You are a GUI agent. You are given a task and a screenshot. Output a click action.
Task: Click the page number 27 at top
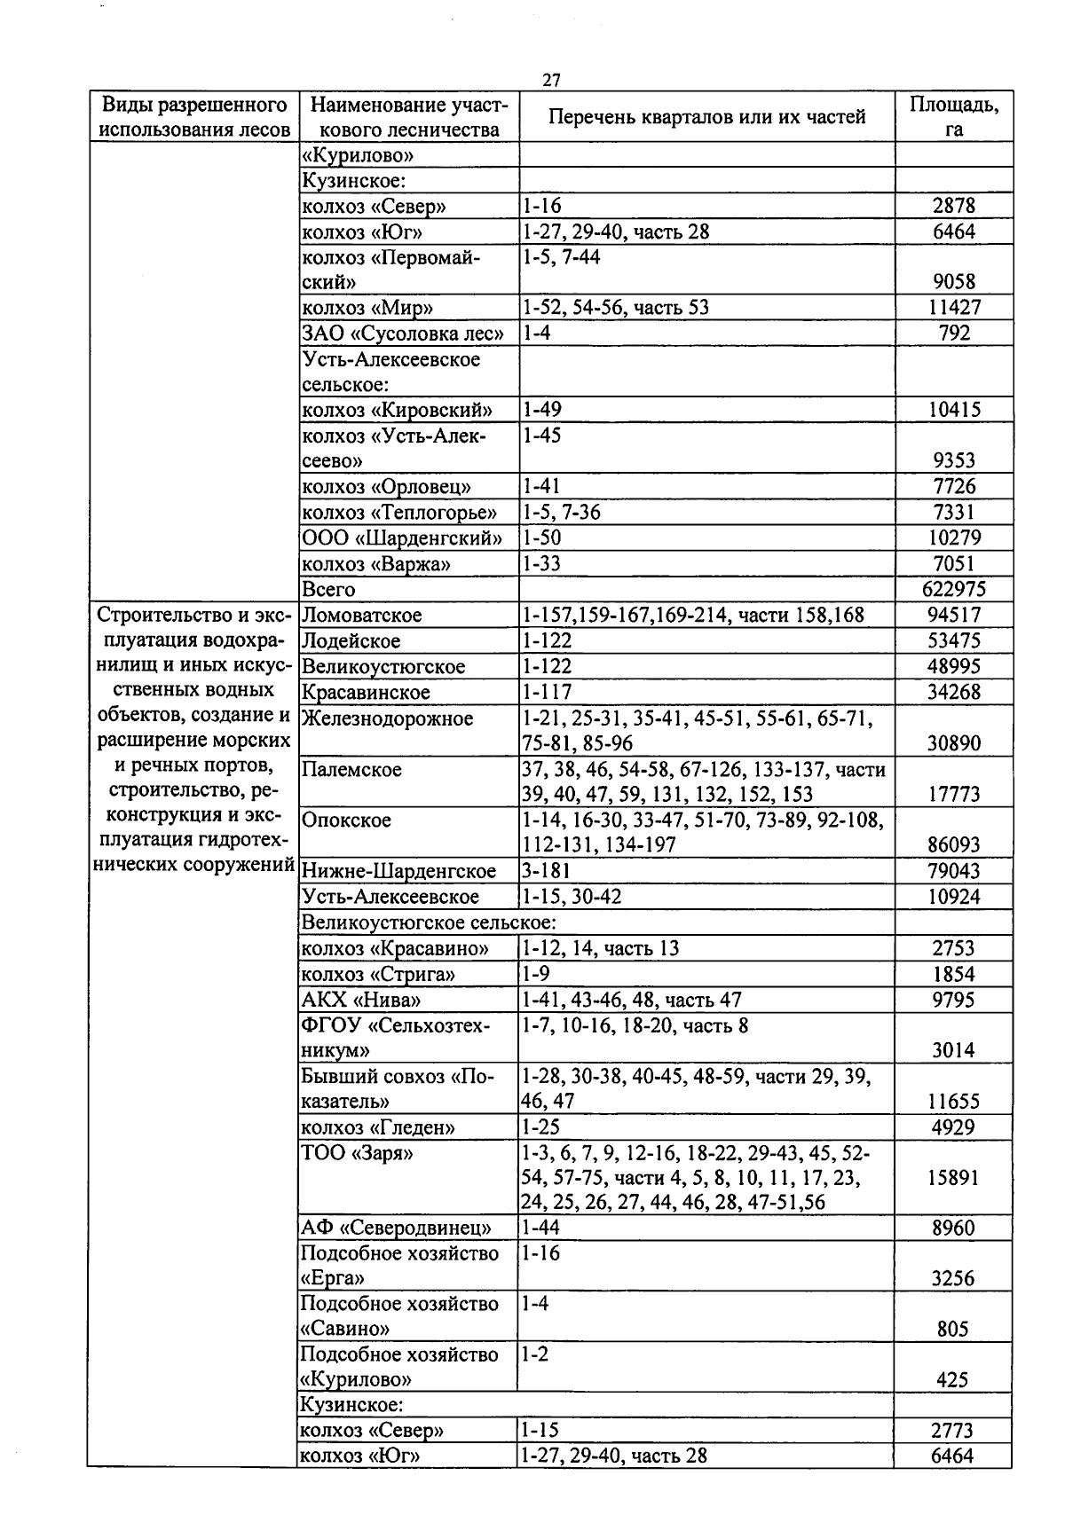pos(550,81)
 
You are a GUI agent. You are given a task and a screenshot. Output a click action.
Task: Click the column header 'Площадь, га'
pos(954,116)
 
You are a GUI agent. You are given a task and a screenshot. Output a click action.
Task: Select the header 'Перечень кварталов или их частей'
pos(706,117)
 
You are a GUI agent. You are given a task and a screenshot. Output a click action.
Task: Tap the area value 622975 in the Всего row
pos(953,590)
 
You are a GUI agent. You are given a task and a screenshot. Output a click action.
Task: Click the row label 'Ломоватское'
pos(361,616)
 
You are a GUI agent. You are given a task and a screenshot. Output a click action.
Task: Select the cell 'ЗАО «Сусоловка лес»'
pos(403,334)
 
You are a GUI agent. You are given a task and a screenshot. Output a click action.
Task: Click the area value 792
pos(954,334)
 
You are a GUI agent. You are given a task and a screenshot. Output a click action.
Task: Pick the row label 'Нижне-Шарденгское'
pos(398,871)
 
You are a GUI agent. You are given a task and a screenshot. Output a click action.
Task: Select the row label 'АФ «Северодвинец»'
pos(396,1228)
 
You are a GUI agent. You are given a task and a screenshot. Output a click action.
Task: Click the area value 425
pos(952,1380)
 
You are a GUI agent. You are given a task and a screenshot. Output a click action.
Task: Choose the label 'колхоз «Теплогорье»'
pos(399,513)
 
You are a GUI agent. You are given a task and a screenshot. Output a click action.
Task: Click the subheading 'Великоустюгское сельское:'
pos(429,922)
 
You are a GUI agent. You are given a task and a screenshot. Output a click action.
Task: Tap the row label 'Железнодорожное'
pos(387,718)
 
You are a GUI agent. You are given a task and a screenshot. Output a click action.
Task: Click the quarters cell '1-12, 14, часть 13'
pos(601,948)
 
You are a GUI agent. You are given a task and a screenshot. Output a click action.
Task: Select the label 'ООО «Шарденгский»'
pos(401,538)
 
